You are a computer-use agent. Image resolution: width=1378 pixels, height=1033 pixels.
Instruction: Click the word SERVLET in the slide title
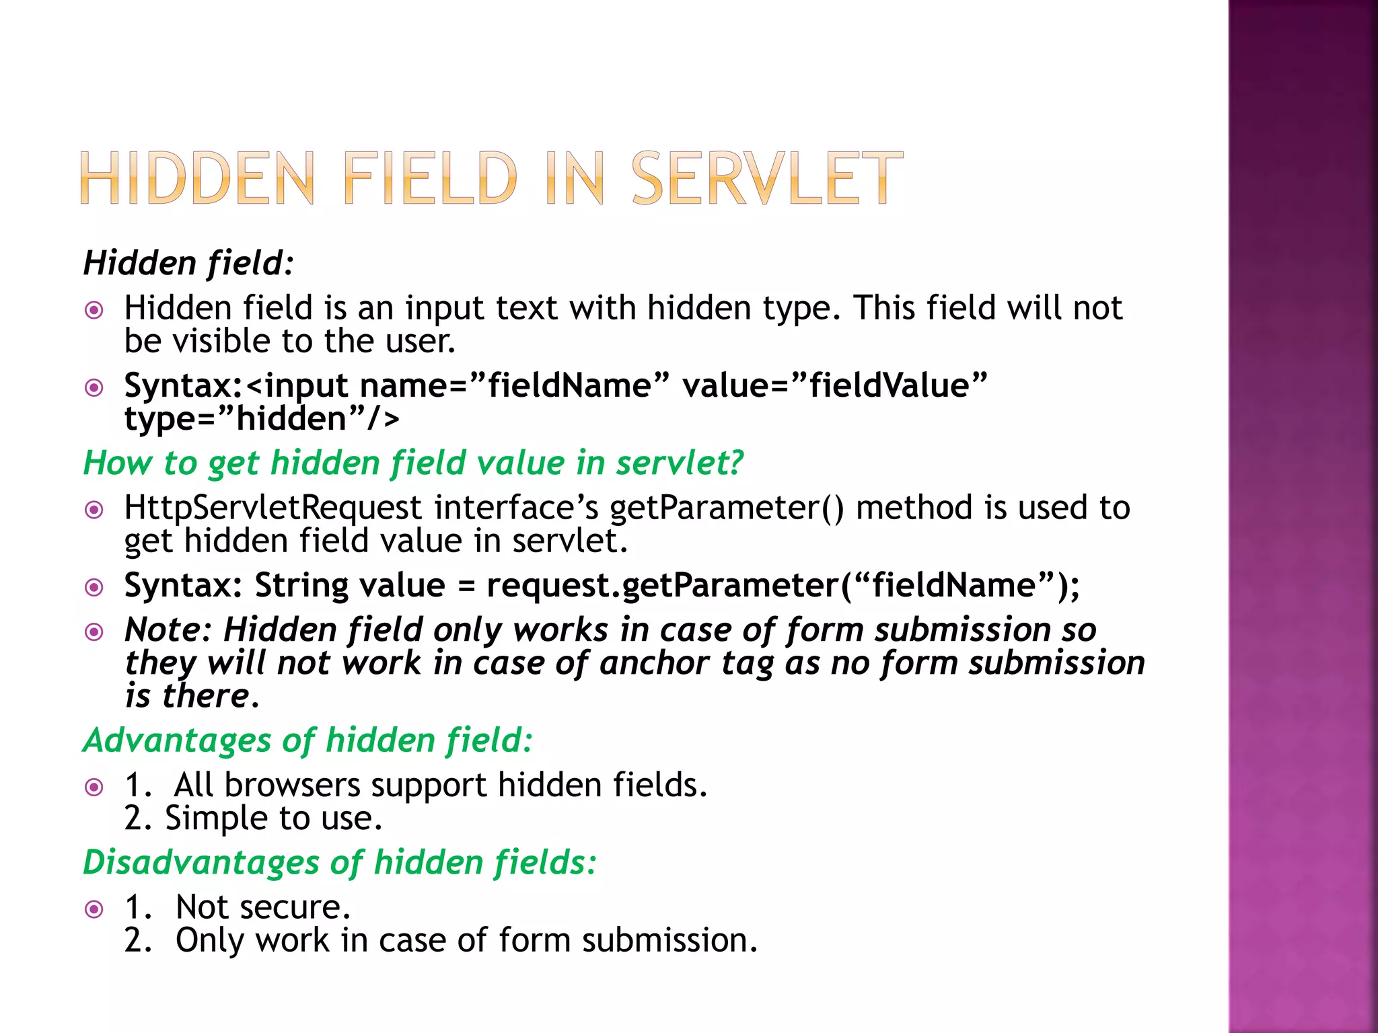(x=767, y=178)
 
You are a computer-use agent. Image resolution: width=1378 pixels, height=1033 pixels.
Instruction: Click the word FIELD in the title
(x=431, y=178)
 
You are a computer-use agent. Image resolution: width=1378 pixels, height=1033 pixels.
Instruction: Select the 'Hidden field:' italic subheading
(x=188, y=263)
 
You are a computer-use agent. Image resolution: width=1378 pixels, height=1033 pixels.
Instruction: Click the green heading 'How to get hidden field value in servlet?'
(x=413, y=463)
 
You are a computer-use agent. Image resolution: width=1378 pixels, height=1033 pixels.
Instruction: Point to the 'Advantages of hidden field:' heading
(x=308, y=740)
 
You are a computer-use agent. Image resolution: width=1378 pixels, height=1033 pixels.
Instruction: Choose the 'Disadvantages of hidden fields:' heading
(x=340, y=862)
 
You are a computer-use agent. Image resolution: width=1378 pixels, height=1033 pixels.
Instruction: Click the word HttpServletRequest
(x=273, y=508)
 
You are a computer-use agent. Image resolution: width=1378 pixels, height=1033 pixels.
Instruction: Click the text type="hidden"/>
(x=262, y=419)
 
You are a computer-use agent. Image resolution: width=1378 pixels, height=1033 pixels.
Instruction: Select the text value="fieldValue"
(x=834, y=386)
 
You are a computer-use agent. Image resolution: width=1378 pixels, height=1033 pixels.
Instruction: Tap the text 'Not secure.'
(x=263, y=907)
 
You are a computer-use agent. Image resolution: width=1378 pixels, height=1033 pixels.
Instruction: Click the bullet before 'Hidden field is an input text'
(x=94, y=310)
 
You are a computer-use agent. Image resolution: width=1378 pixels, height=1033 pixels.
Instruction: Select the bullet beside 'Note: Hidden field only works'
(x=94, y=632)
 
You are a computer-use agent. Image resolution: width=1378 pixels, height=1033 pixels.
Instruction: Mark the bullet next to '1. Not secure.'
(x=94, y=909)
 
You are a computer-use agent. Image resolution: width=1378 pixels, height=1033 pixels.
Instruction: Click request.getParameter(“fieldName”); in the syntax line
(x=783, y=586)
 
